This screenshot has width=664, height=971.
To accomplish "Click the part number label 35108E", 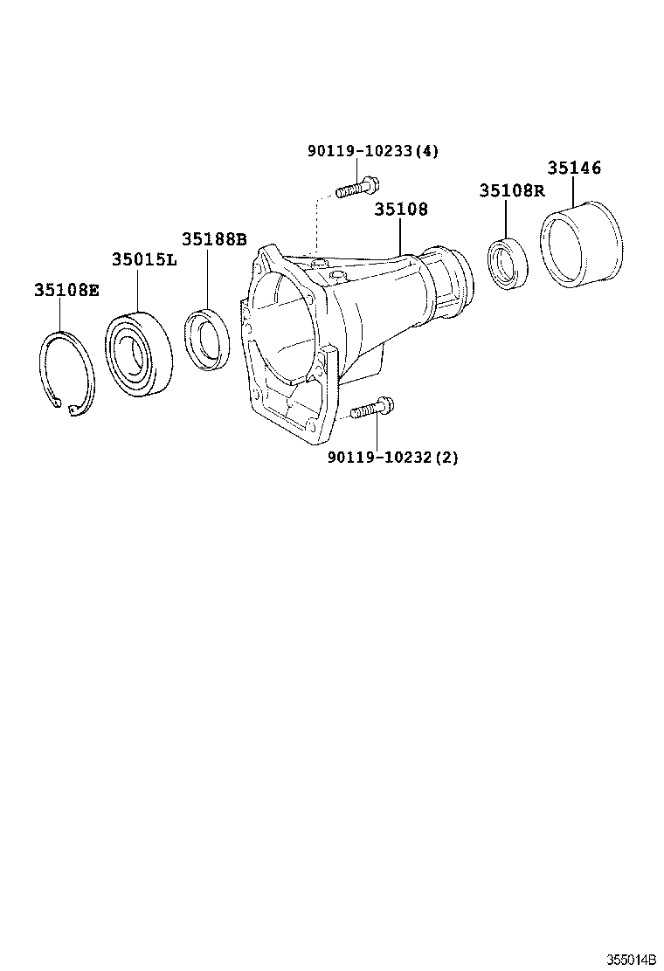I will click(66, 291).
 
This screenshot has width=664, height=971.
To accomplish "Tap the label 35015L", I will click(143, 259).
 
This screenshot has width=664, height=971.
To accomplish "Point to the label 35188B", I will click(214, 239).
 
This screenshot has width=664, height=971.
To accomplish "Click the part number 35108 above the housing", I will click(401, 210).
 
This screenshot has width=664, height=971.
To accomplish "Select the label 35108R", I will click(511, 190).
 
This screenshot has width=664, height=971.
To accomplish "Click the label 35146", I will click(574, 168).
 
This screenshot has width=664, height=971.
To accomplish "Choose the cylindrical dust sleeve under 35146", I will click(580, 246).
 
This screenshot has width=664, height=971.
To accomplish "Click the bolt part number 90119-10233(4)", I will click(372, 151).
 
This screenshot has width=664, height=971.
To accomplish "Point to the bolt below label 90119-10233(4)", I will click(357, 188).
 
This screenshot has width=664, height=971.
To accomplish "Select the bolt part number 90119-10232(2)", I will click(392, 457).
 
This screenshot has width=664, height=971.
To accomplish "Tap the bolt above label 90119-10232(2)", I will click(372, 407).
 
